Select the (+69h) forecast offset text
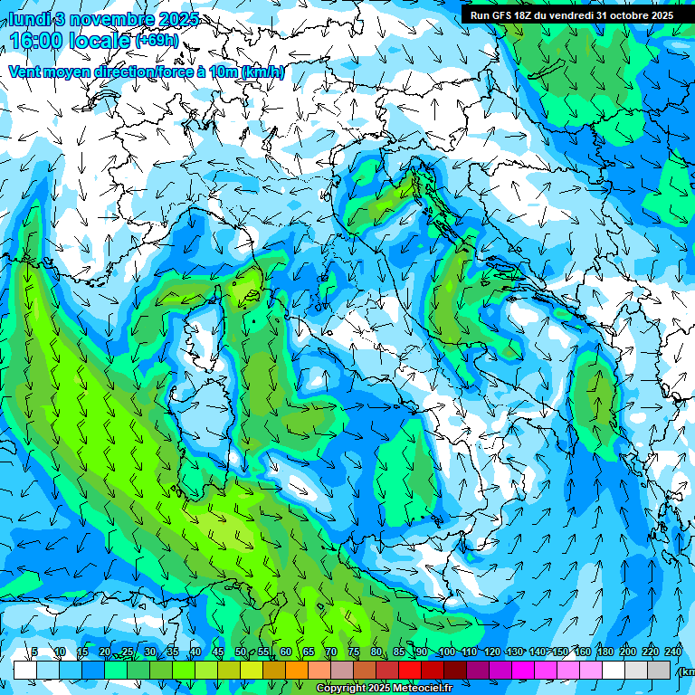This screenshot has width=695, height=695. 157,40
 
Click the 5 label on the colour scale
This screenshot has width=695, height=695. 34,652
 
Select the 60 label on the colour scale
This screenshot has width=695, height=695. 286,652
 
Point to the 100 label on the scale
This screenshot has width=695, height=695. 446,652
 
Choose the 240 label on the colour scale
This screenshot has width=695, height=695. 673,652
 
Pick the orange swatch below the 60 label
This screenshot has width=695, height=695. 297,670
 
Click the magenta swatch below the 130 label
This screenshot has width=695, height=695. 523,670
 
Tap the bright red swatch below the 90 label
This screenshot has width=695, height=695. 410,670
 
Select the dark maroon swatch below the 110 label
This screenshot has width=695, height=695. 455,670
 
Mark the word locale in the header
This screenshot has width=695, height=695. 100,40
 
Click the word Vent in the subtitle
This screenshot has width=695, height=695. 25,72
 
